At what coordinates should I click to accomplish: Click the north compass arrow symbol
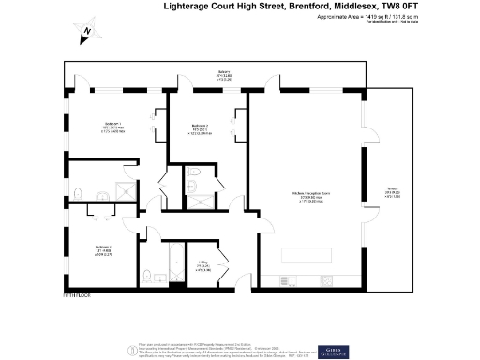coord(85,31)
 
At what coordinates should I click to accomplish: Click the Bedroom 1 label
coord(114,125)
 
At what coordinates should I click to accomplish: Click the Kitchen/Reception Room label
coord(309,196)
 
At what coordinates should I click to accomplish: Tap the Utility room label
coord(203,265)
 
